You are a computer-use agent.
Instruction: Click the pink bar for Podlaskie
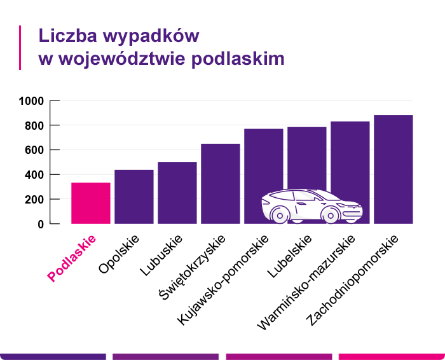(91, 203)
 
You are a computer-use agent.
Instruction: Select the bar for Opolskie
(134, 197)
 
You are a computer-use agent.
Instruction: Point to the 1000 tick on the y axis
(31, 101)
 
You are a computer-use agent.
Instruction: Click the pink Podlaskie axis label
(72, 258)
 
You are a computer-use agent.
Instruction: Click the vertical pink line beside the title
(20, 47)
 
